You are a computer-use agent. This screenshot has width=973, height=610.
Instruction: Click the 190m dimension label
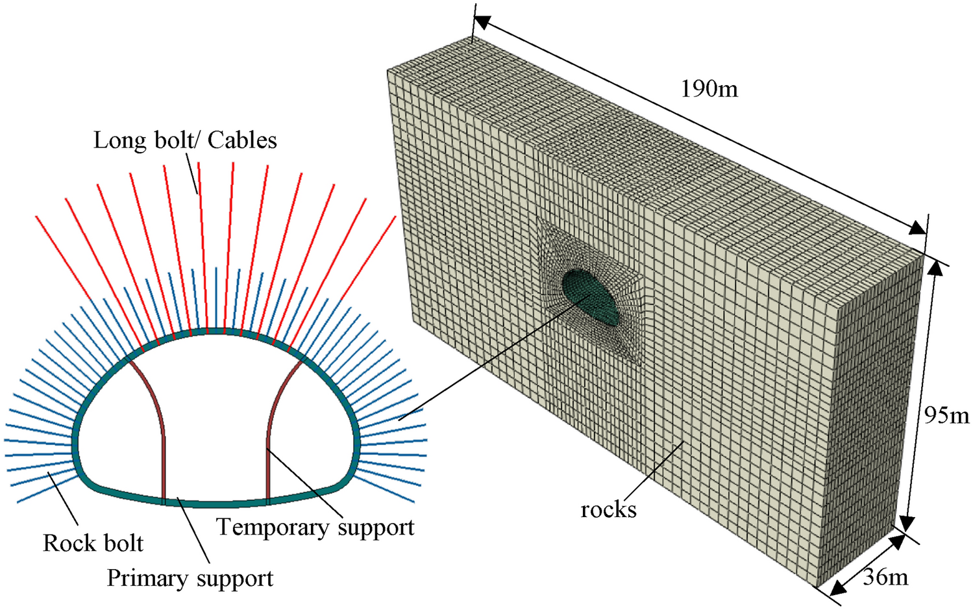pos(709,89)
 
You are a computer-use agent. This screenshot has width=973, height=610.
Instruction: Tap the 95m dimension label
pos(946,415)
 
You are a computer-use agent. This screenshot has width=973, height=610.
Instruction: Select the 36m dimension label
pos(885,576)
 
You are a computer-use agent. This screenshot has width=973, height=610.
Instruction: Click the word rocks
pos(608,510)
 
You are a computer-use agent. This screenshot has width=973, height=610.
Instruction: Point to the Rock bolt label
pos(93,543)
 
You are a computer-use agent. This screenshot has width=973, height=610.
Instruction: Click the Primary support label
pos(190,578)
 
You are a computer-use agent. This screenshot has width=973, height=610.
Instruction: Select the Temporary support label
pos(315,527)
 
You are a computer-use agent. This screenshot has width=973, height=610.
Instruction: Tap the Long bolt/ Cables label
pos(185,140)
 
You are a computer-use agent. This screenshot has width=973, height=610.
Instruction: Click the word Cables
pos(242,140)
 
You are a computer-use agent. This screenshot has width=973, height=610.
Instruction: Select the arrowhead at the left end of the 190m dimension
pos(481,23)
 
